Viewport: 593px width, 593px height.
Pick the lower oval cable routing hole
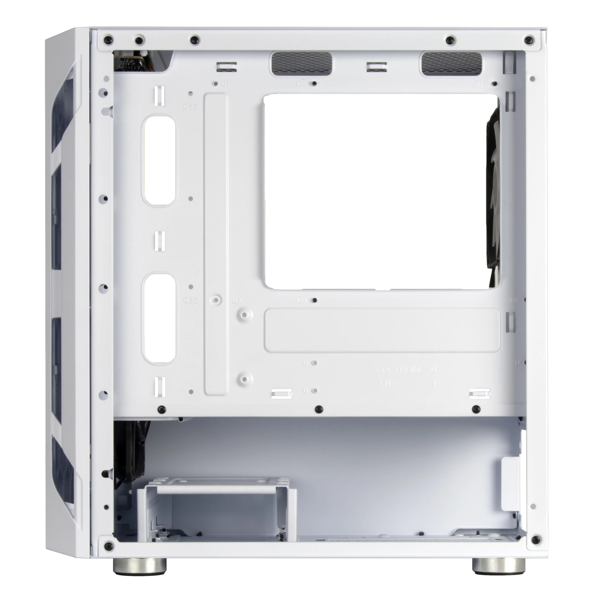point(160,318)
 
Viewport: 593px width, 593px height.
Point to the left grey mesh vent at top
point(301,63)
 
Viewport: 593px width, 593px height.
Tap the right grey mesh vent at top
point(451,63)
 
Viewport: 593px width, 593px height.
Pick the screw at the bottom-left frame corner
point(109,545)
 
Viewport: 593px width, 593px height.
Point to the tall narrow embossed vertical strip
point(215,245)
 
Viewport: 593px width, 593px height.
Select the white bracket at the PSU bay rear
point(510,484)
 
